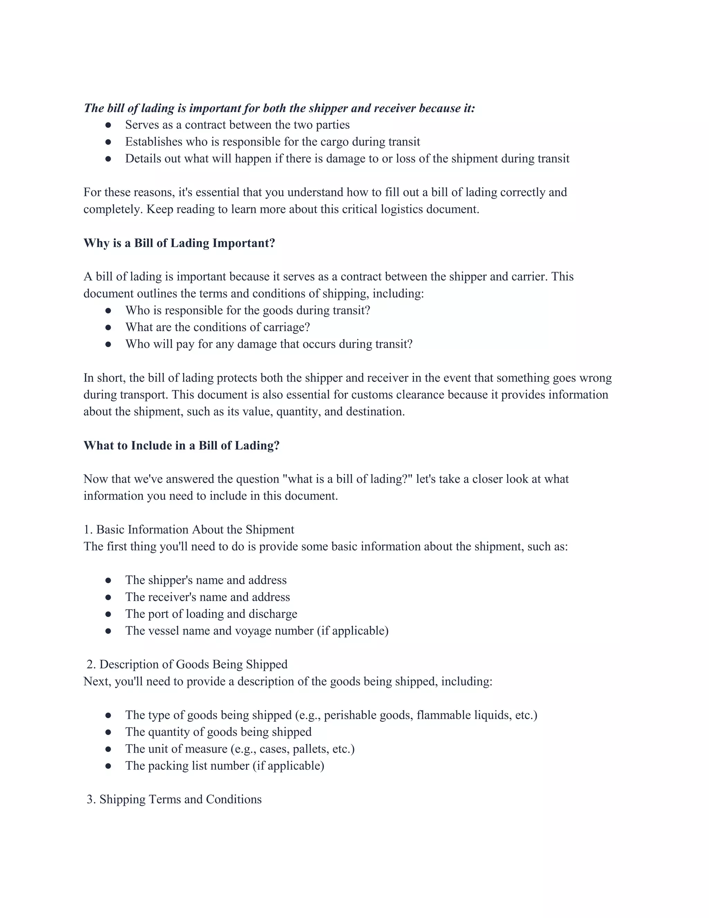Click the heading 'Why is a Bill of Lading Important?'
point(179,243)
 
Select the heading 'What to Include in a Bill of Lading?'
point(181,445)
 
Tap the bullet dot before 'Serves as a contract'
point(108,125)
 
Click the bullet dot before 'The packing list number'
point(108,766)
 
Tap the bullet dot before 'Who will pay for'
point(108,345)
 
